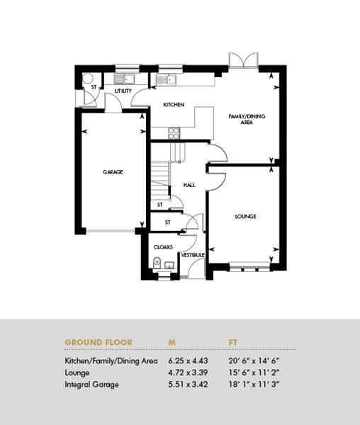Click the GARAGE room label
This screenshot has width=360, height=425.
click(113, 172)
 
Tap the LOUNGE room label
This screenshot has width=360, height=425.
click(245, 216)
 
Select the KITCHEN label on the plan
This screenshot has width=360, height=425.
click(174, 105)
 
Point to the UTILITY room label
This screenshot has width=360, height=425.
click(123, 91)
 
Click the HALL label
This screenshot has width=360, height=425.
click(189, 185)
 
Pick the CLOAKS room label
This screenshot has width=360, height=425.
click(163, 247)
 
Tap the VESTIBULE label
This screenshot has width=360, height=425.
click(193, 255)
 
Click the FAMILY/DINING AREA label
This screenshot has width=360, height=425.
click(247, 119)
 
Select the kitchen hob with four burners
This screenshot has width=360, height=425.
click(174, 133)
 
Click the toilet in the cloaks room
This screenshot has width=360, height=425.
click(157, 263)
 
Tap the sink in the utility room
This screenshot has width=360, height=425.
click(124, 79)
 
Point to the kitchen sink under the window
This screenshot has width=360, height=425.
click(166, 79)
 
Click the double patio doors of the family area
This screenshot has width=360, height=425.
click(244, 60)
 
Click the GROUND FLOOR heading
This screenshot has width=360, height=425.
click(99, 342)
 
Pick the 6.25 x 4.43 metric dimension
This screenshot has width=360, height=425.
click(188, 361)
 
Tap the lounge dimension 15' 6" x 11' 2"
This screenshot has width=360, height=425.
click(254, 373)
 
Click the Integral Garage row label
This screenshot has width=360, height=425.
click(91, 385)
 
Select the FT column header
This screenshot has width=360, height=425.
click(233, 342)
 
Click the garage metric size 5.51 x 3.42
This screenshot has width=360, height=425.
click(188, 385)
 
